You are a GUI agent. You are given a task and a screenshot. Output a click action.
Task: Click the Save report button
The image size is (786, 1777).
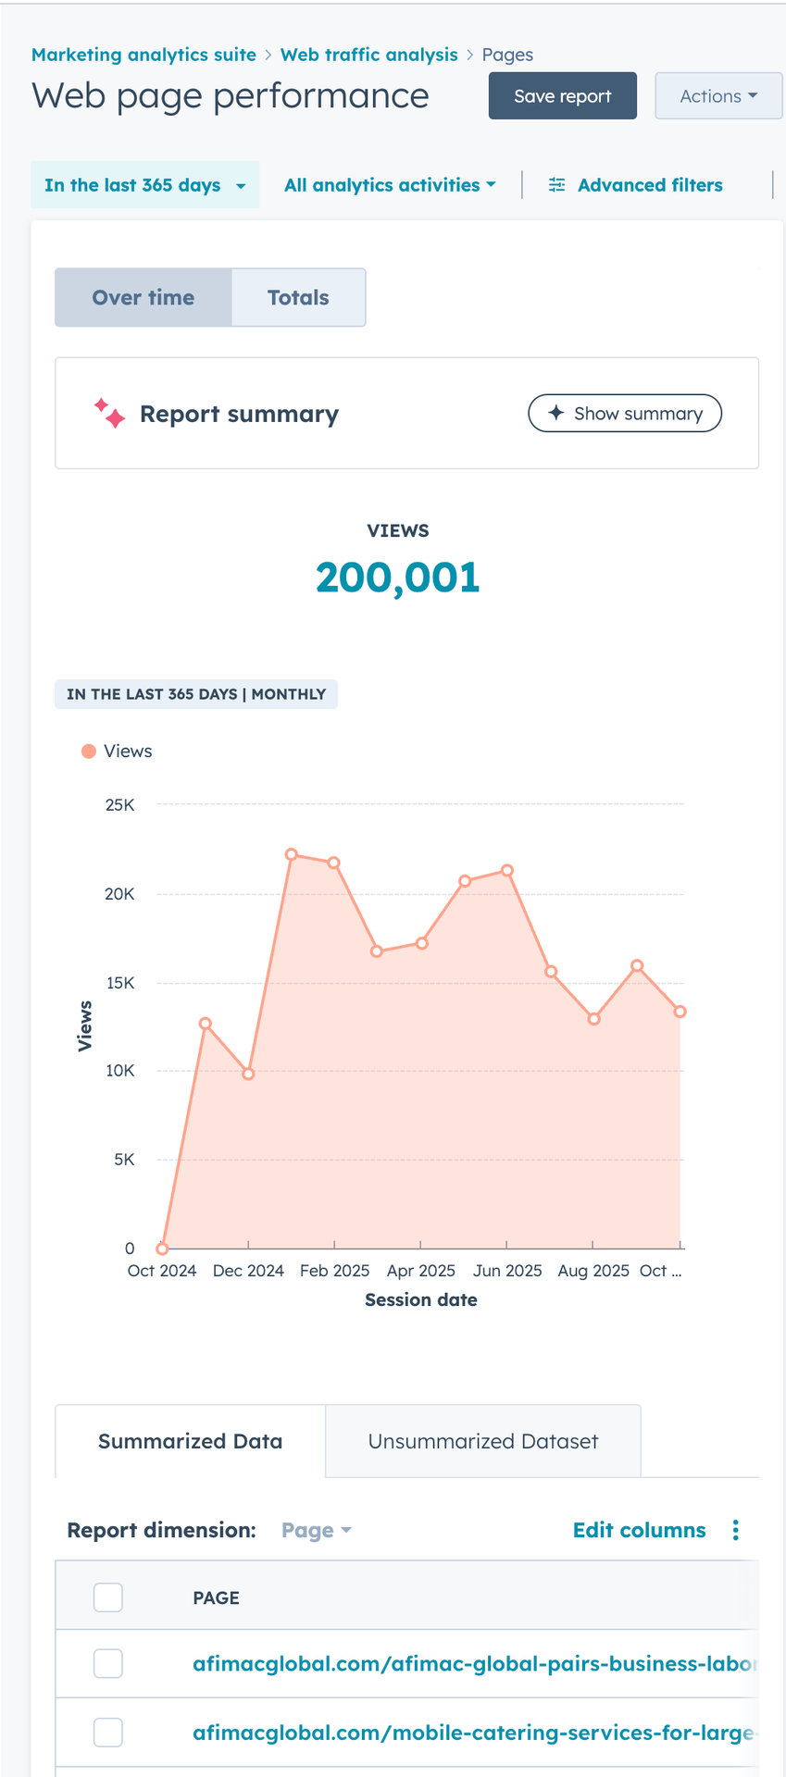point(562,96)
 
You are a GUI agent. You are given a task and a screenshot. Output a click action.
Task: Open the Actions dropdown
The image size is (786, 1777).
point(718,96)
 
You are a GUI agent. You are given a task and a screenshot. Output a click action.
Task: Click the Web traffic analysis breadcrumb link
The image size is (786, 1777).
point(368,55)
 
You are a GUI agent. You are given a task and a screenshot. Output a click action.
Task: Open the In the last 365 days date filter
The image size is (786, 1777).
point(145,185)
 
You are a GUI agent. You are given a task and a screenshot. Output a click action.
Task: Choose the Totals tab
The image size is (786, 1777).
point(298,298)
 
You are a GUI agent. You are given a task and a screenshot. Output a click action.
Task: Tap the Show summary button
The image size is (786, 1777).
point(625,414)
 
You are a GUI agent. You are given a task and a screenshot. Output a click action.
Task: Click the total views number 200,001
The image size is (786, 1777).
point(398,578)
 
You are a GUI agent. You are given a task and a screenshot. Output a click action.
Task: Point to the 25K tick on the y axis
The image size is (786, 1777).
point(120,805)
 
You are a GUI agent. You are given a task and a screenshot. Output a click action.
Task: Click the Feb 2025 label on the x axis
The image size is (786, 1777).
point(334,1271)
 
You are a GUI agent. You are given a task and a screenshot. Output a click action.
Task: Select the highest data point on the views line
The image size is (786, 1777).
point(292,854)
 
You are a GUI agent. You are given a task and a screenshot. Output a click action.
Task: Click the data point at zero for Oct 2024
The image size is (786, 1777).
point(162,1249)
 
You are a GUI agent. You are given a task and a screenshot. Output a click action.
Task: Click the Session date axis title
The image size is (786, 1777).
point(421,1300)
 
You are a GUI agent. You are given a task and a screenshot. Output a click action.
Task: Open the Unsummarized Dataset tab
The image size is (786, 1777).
point(482,1441)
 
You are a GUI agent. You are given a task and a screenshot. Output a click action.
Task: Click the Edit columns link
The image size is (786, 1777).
point(639,1530)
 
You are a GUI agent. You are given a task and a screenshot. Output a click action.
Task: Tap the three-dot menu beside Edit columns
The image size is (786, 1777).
point(736,1530)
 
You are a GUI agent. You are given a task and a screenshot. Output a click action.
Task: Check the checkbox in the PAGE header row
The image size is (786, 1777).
point(108,1597)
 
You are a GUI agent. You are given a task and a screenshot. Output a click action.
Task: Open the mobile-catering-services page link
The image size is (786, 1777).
point(472,1733)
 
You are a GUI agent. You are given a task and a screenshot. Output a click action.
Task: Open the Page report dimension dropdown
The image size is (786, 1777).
point(317,1531)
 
